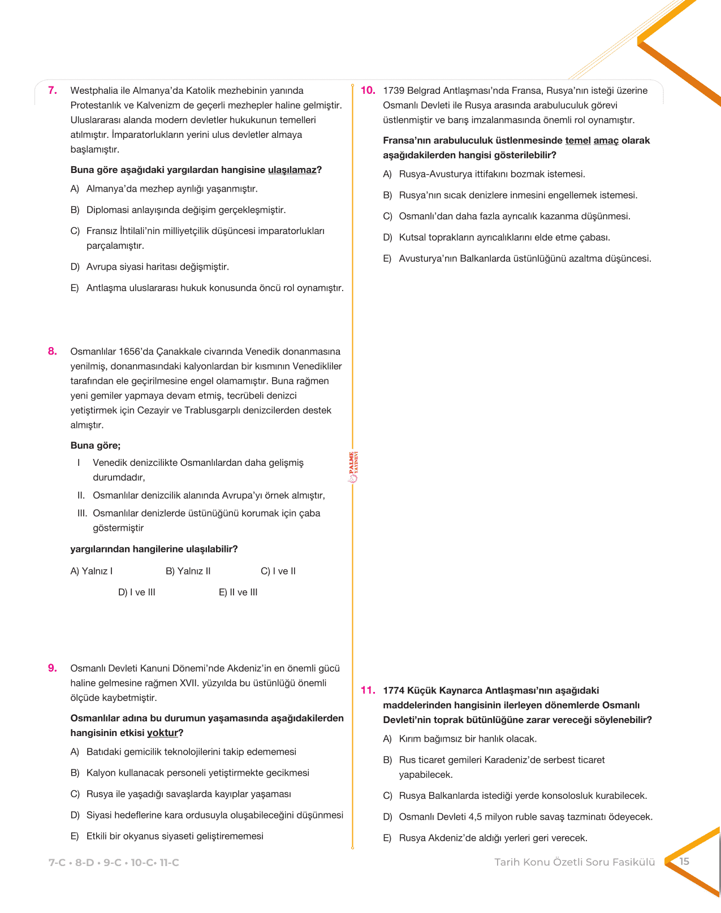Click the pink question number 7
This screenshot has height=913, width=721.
[x=53, y=90]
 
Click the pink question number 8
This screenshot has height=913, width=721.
[x=53, y=351]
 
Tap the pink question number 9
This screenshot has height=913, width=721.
[x=53, y=668]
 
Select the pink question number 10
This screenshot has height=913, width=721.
[x=368, y=90]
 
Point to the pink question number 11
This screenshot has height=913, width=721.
[x=368, y=690]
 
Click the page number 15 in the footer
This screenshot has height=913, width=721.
[x=684, y=862]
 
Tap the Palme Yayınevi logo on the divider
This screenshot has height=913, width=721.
[x=353, y=467]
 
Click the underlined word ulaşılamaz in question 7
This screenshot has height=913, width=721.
[x=292, y=170]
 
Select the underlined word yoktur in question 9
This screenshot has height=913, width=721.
[x=162, y=733]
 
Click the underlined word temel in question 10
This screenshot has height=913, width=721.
[x=577, y=140]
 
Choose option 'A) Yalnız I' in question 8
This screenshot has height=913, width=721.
[x=92, y=571]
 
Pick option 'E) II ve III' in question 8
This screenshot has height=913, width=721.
[x=238, y=592]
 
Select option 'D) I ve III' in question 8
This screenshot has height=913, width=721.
[x=137, y=592]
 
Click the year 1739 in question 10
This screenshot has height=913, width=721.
[x=394, y=90]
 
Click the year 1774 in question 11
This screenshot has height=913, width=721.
[x=394, y=690]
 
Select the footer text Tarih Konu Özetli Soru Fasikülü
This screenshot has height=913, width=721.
[x=575, y=862]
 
